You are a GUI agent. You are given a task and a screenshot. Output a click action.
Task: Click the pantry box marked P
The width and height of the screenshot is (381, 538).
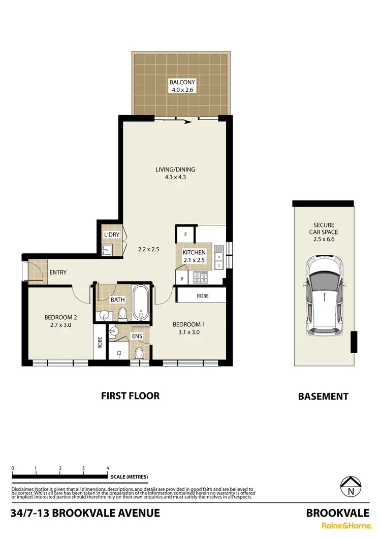[x=181, y=278]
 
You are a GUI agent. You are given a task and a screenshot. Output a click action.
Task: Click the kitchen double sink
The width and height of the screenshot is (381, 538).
[x=218, y=256]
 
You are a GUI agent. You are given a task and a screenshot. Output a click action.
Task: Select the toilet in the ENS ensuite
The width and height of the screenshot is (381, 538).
[x=139, y=353]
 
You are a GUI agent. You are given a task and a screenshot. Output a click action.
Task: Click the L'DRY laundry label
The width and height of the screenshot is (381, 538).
[x=111, y=235]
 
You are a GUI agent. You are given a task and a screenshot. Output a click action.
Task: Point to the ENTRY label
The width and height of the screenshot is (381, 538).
[x=58, y=273]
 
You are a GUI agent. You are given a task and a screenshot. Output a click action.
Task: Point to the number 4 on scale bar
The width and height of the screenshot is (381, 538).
[x=107, y=468]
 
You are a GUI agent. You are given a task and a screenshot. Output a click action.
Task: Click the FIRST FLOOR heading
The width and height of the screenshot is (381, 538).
[x=130, y=395]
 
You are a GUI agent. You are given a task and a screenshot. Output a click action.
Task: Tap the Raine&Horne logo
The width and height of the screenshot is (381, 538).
[x=336, y=527]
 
